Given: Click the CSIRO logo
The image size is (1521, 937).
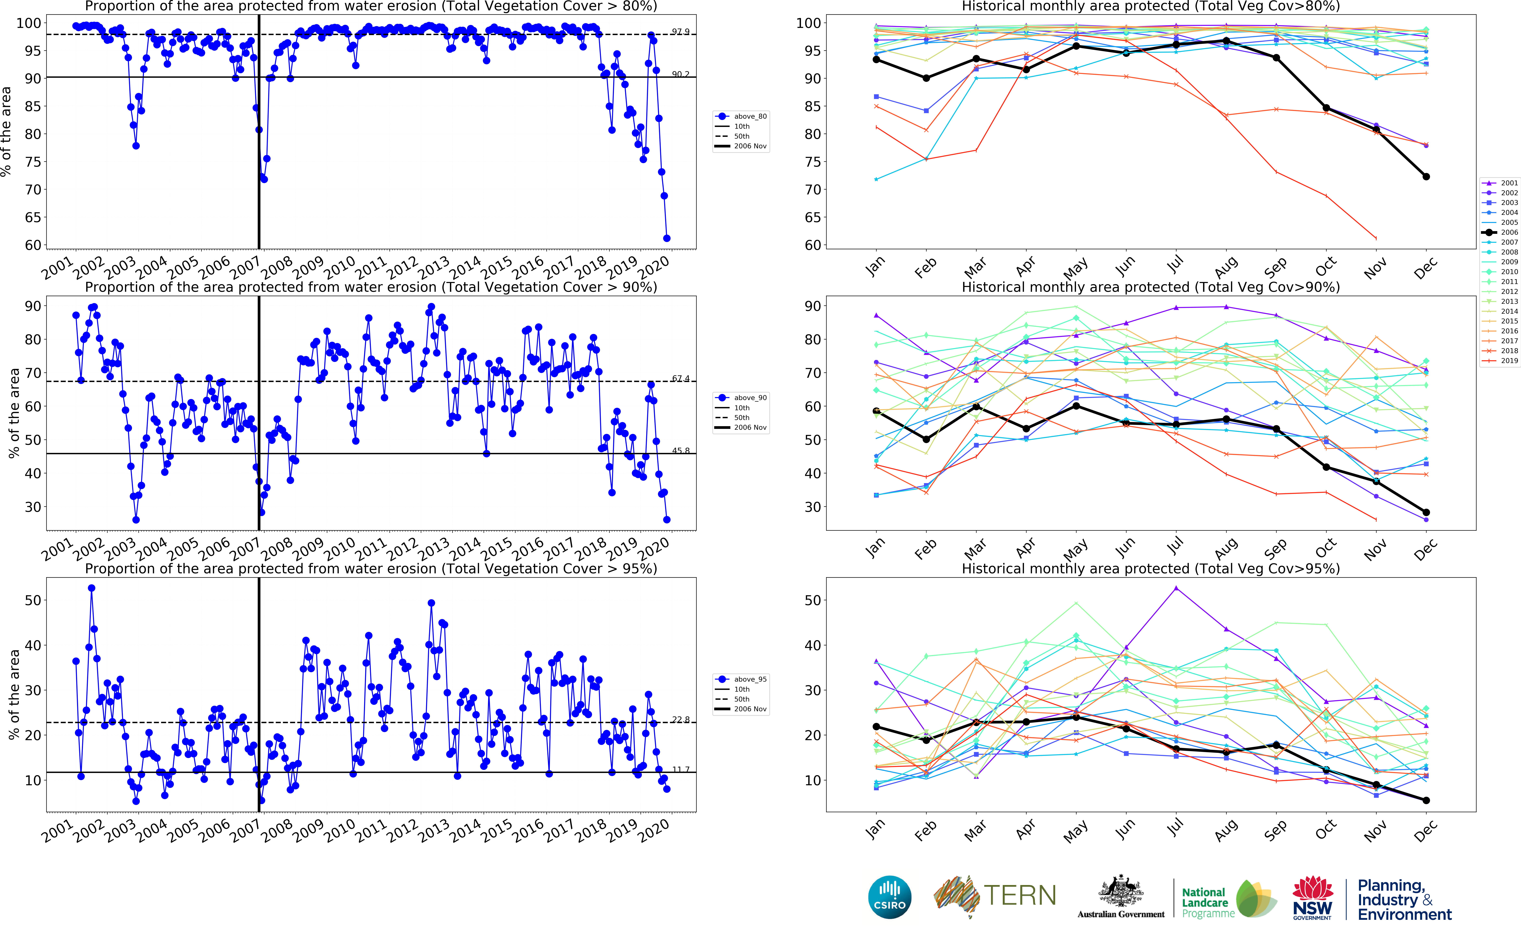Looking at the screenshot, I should (890, 897).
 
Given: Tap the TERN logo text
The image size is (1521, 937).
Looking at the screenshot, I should (1020, 895).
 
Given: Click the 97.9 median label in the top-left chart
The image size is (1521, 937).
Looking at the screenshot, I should (680, 32).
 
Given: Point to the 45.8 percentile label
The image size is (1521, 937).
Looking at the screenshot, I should (680, 450).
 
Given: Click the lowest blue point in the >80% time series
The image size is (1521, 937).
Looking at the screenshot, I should (667, 238).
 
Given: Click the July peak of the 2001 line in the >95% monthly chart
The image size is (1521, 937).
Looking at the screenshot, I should (1176, 588).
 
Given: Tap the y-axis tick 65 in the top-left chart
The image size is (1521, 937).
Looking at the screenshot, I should (33, 217).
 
